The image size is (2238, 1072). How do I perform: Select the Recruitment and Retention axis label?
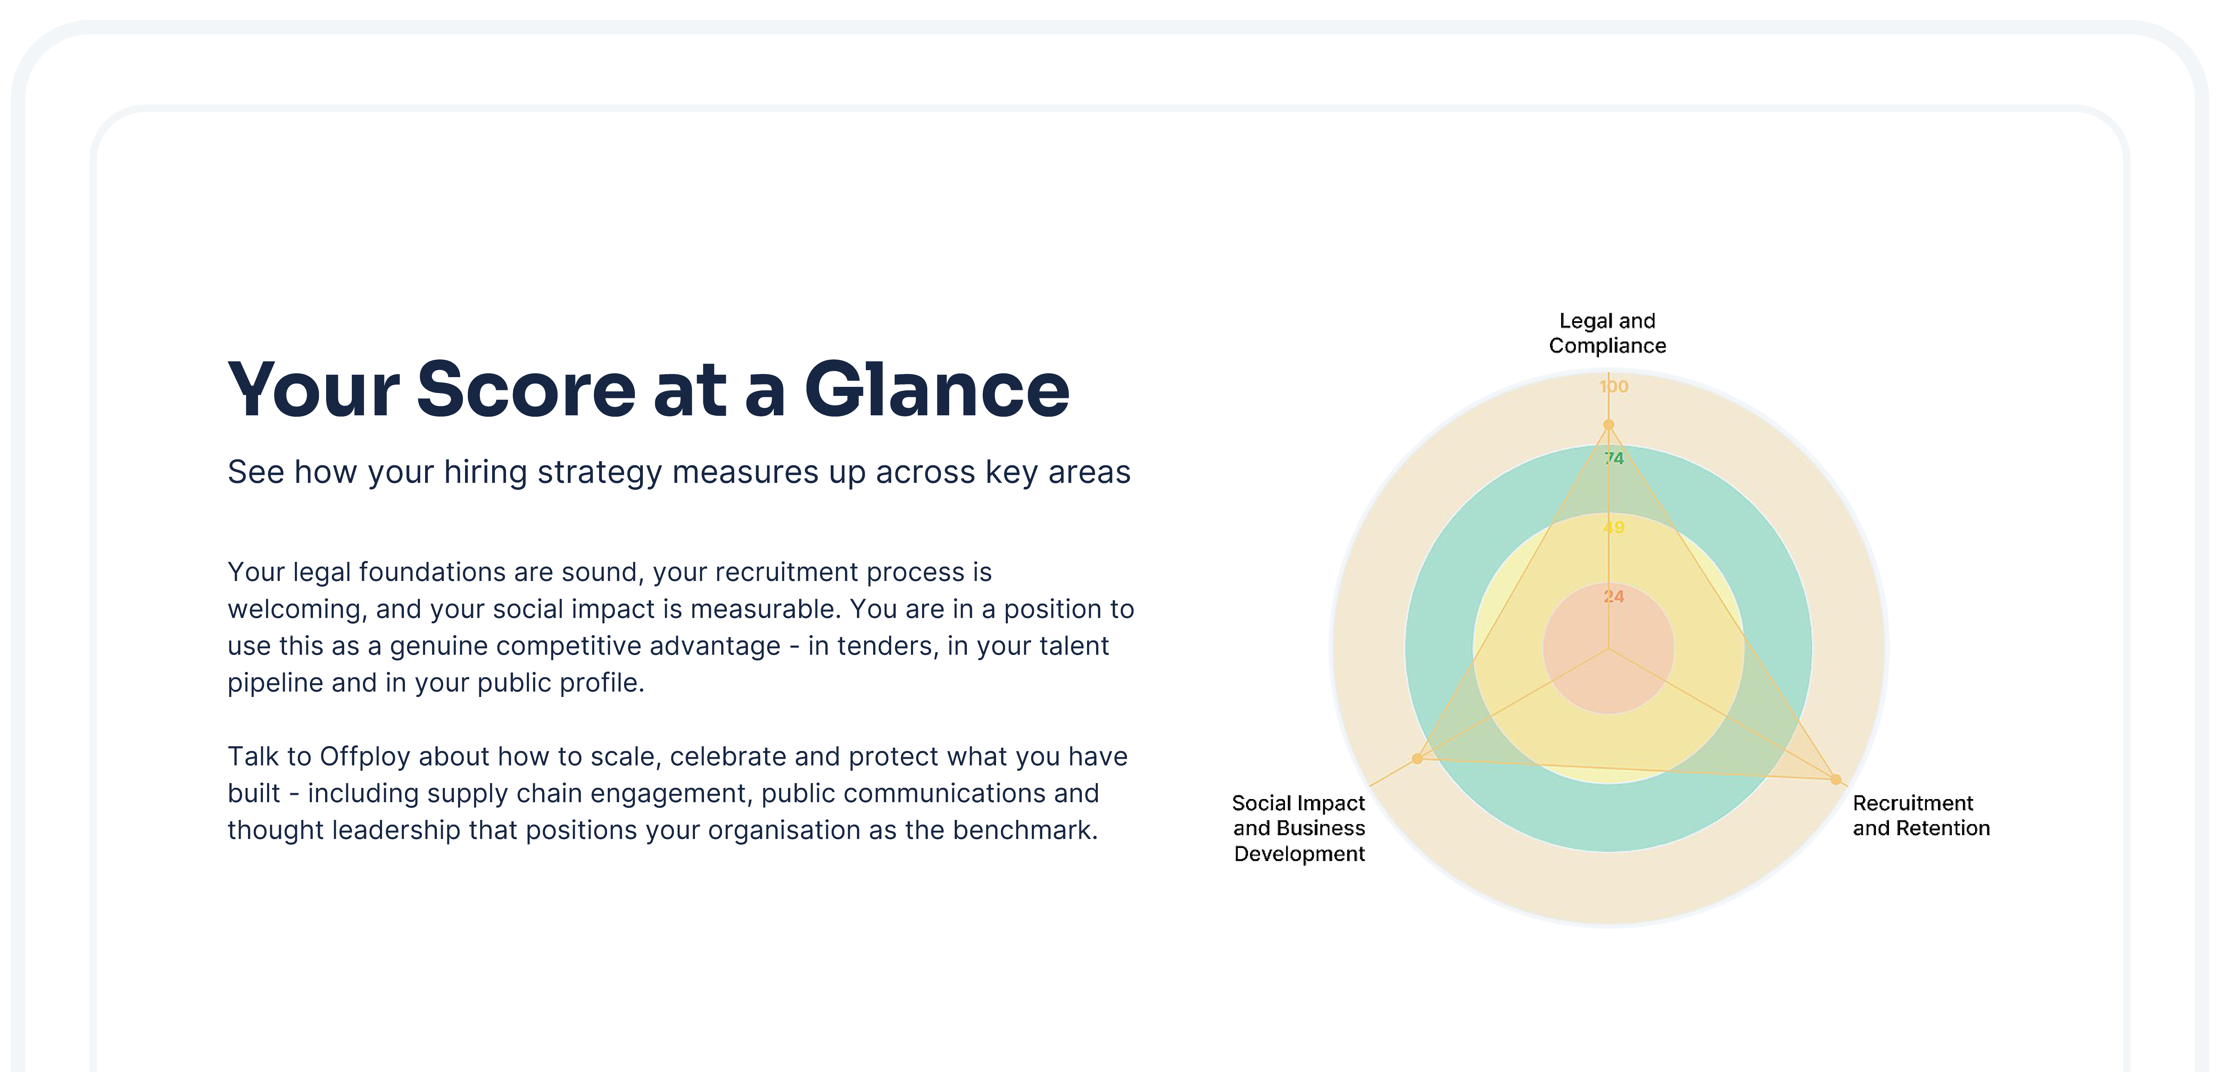[1921, 816]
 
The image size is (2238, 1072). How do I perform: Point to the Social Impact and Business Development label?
[1299, 828]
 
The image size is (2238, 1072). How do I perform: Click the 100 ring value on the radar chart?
[1613, 387]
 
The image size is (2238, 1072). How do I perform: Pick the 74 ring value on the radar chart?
[1613, 458]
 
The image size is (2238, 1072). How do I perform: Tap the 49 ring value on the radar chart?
[1613, 527]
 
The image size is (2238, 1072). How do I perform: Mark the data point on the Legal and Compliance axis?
[1608, 425]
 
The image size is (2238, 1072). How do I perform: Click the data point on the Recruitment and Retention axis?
[1836, 779]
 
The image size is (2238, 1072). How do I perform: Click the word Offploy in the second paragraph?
[365, 757]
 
